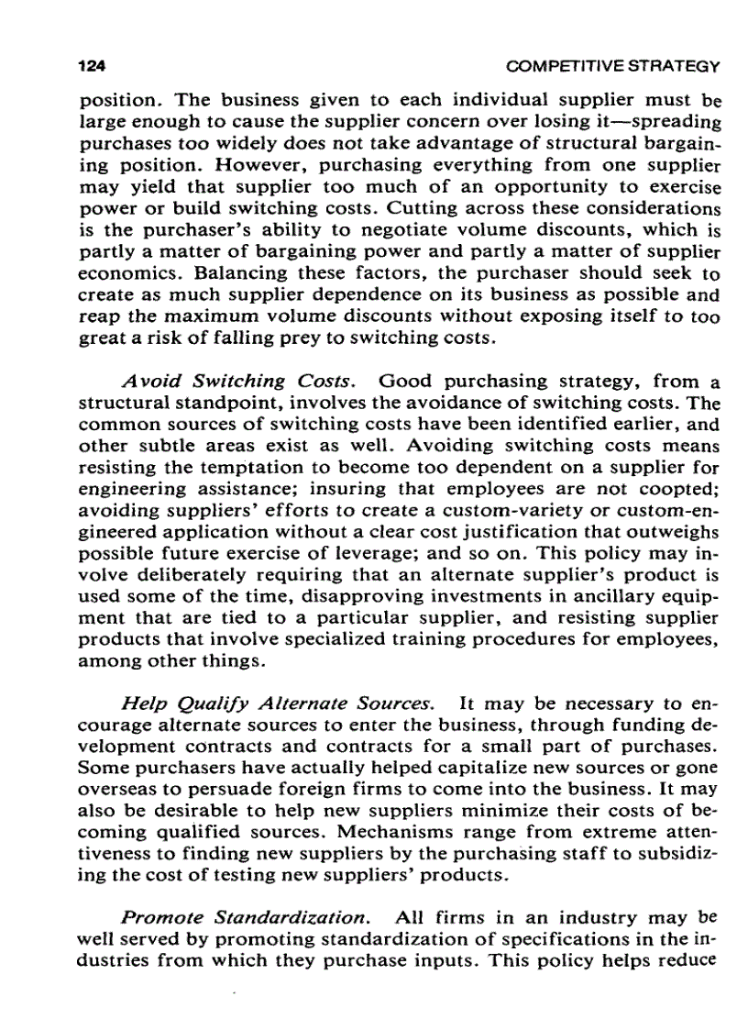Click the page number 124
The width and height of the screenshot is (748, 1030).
point(92,67)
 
